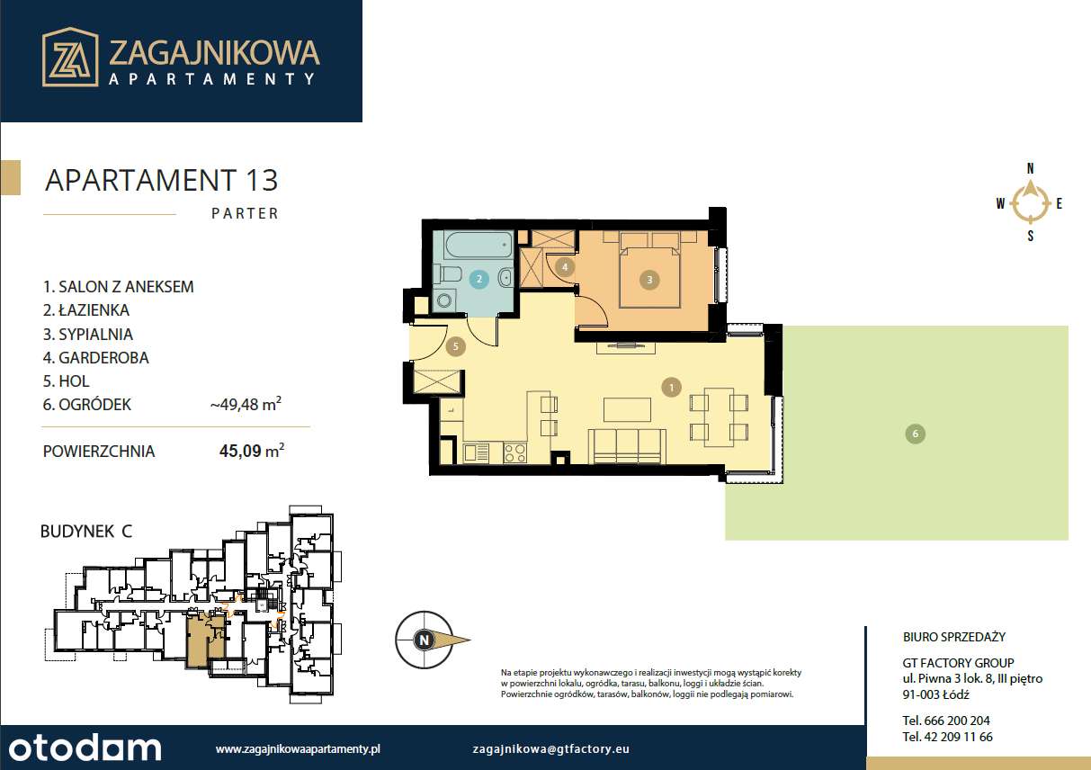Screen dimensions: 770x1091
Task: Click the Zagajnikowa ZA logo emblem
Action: pos(70,57)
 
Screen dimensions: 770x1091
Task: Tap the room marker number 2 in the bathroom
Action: pos(480,279)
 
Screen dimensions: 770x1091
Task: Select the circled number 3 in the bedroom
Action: pos(649,280)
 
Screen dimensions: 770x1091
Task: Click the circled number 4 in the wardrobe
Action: pos(565,266)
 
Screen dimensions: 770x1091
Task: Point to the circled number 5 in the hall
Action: pos(456,345)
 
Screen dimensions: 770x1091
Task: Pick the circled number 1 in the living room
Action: pos(670,388)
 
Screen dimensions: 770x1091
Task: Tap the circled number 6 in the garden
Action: pos(915,434)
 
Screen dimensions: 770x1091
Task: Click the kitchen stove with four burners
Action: pos(515,452)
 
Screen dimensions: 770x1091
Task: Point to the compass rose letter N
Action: pos(1031,168)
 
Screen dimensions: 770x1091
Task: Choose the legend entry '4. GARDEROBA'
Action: pos(96,357)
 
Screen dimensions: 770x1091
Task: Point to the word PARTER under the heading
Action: pos(245,214)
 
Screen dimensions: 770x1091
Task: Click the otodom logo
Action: pos(83,748)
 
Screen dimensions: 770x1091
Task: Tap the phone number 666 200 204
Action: pos(946,721)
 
